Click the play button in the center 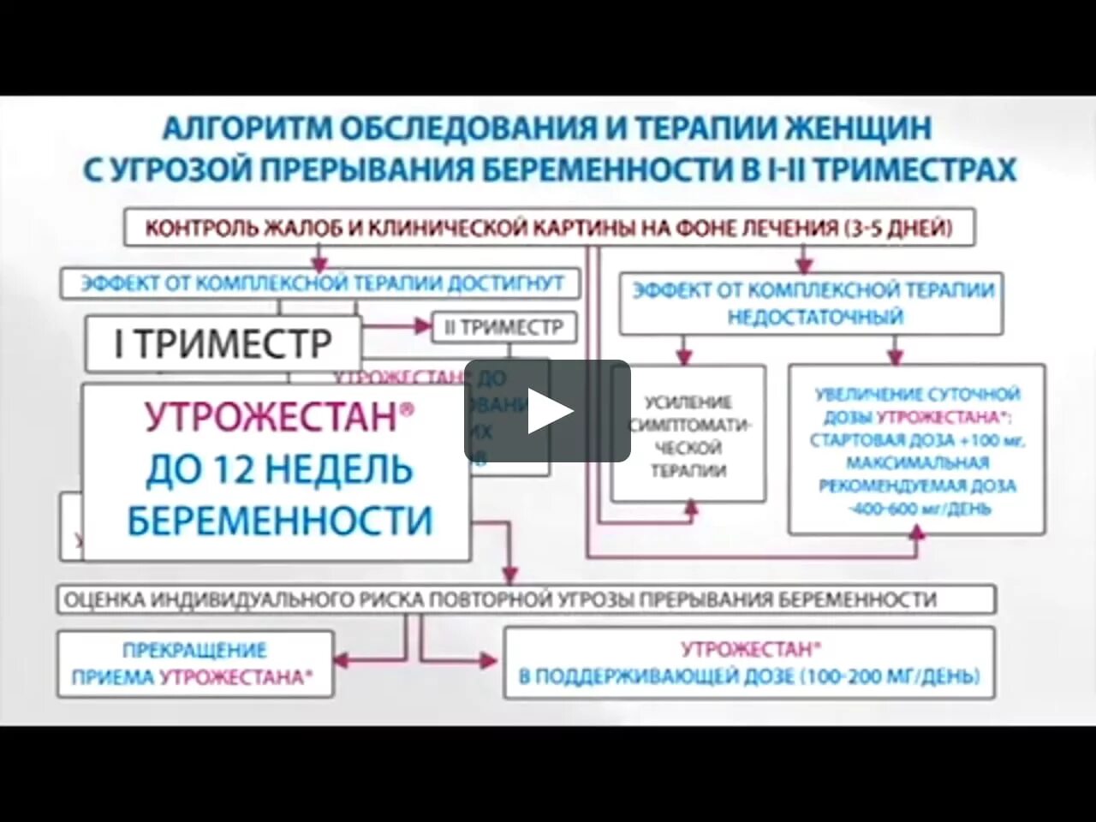[548, 412]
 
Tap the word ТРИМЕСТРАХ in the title [914, 170]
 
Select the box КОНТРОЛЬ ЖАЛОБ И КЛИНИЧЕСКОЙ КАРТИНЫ [549, 229]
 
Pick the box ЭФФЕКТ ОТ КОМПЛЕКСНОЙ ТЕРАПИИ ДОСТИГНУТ [321, 283]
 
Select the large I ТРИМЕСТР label [223, 344]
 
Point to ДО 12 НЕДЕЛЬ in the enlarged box [279, 469]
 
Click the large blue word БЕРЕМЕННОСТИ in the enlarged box [279, 521]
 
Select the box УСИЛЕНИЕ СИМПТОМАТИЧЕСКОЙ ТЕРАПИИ [688, 435]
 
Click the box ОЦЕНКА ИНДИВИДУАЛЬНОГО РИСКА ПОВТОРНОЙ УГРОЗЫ [527, 599]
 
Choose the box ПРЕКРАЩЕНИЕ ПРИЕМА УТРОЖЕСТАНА [194, 664]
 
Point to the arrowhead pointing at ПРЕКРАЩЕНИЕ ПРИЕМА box [342, 660]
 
